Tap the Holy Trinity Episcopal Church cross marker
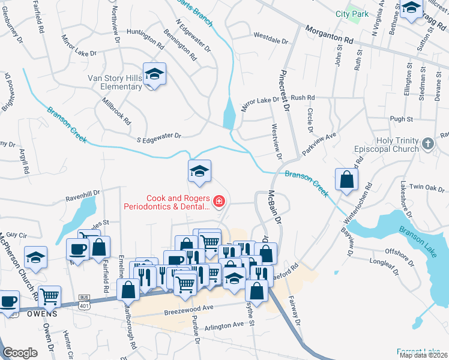[x=427, y=143]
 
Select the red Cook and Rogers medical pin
[x=218, y=201]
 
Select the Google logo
[x=20, y=353]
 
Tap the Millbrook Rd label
[x=117, y=110]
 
